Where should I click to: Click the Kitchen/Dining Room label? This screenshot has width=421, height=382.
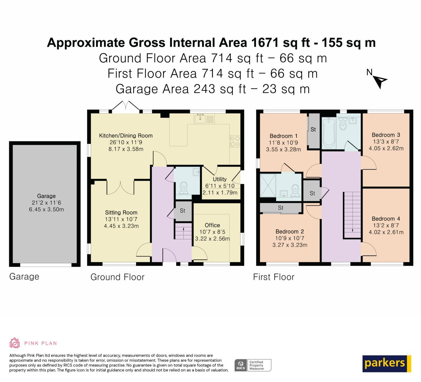(x=126, y=136)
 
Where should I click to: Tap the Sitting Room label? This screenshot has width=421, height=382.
(x=121, y=213)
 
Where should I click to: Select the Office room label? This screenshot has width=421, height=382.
(x=212, y=225)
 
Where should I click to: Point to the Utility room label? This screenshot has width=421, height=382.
(x=220, y=179)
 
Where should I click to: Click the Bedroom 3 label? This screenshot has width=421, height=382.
(x=386, y=135)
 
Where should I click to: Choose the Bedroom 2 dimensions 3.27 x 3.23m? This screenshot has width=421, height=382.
(x=290, y=245)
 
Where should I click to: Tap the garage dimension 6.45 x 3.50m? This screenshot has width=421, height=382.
(x=46, y=209)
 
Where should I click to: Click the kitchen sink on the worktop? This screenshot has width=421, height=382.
(x=200, y=118)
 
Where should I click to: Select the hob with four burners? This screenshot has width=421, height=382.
(x=235, y=141)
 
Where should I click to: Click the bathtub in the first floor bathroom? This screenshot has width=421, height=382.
(x=329, y=132)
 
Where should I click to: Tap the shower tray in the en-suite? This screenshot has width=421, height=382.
(x=268, y=185)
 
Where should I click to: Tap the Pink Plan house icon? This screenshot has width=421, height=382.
(x=14, y=343)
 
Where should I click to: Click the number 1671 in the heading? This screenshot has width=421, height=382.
(x=265, y=43)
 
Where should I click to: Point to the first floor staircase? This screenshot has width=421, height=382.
(x=352, y=215)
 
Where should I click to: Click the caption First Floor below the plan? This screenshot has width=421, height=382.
(x=274, y=277)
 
